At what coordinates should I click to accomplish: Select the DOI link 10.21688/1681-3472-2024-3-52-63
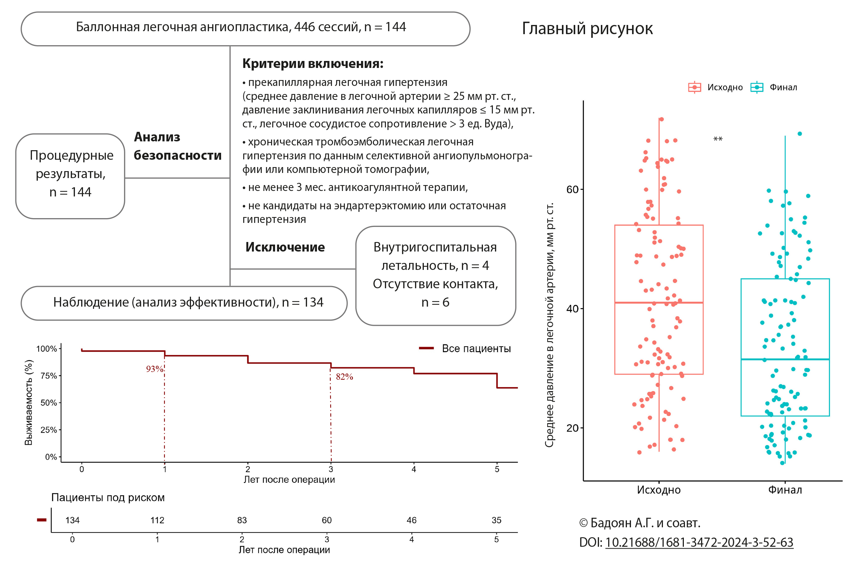click(699, 542)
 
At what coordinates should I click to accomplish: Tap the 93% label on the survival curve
click(155, 369)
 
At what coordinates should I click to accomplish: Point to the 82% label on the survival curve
click(344, 377)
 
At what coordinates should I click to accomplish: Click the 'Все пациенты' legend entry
click(476, 348)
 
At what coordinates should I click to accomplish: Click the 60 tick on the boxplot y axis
click(572, 189)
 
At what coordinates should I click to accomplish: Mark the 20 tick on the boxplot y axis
click(572, 428)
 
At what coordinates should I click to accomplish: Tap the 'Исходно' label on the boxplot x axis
click(659, 490)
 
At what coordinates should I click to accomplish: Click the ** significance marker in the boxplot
click(718, 139)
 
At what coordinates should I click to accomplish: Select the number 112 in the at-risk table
click(157, 520)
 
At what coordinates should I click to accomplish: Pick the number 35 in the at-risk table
click(496, 520)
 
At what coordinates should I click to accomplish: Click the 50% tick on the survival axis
click(49, 403)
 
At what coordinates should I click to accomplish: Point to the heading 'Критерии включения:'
click(313, 64)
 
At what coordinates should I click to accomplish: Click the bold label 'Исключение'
click(285, 247)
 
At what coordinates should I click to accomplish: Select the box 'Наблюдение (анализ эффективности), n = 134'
click(184, 303)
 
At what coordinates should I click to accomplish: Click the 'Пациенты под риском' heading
click(108, 498)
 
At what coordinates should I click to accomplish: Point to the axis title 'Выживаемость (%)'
click(29, 402)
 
